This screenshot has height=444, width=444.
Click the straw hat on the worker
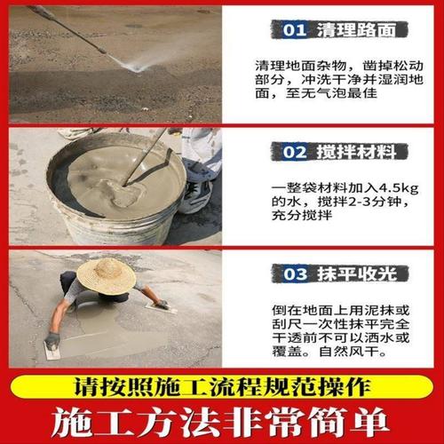[x=106, y=275]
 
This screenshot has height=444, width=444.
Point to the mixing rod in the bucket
[x=147, y=155]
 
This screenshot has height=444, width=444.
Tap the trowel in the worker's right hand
[x=163, y=307]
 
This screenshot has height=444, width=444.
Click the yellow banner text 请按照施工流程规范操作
[x=222, y=386]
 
